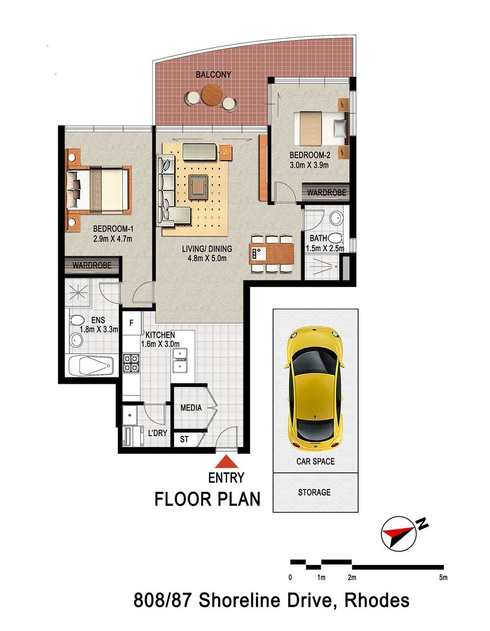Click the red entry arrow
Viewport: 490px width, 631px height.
pos(226,461)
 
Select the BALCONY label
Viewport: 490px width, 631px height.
pos(214,75)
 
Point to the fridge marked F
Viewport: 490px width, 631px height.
pos(131,323)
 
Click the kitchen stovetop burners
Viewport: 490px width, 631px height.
pos(131,363)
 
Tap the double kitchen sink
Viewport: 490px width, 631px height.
pos(180,360)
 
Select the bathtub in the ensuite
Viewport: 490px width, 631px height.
pos(91,365)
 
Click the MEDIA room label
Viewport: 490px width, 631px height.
pos(191,407)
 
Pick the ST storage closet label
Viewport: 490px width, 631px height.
pos(184,439)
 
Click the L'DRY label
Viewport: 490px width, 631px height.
pos(157,433)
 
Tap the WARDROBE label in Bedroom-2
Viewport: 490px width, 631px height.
pos(326,192)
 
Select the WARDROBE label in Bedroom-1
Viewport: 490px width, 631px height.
pos(92,265)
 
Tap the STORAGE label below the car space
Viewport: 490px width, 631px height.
pos(314,492)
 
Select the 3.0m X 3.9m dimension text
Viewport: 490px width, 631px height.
pos(309,165)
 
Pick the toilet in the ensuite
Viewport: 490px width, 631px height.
pos(76,320)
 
